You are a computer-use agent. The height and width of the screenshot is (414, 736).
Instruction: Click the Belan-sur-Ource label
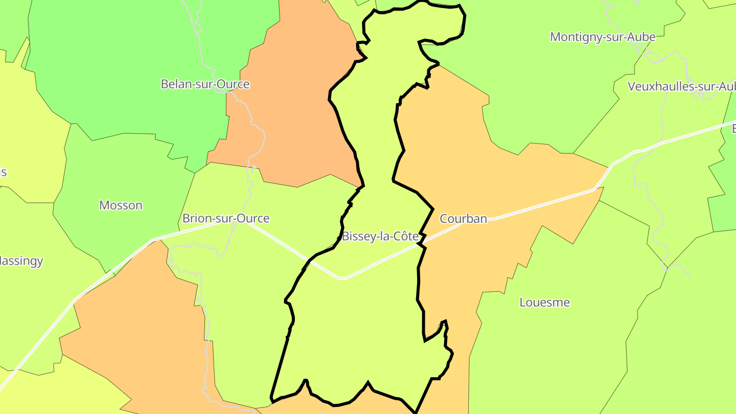tap(205, 84)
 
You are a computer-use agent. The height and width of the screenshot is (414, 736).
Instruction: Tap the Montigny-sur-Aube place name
tap(603, 37)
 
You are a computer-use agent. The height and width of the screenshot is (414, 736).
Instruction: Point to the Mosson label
tap(121, 205)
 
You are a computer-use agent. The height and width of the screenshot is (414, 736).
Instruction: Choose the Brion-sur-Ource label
tap(226, 218)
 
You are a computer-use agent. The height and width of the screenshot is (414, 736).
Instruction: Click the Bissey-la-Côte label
tap(380, 236)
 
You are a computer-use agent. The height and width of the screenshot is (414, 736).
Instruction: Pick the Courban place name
tap(464, 219)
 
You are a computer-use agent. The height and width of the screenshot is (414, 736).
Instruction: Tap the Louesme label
tap(544, 302)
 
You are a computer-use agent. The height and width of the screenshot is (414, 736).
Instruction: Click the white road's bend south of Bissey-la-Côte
tap(342, 278)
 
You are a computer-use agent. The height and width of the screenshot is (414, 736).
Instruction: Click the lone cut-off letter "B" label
tap(733, 128)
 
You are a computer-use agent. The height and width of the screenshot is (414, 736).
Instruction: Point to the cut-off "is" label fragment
tap(3, 172)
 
